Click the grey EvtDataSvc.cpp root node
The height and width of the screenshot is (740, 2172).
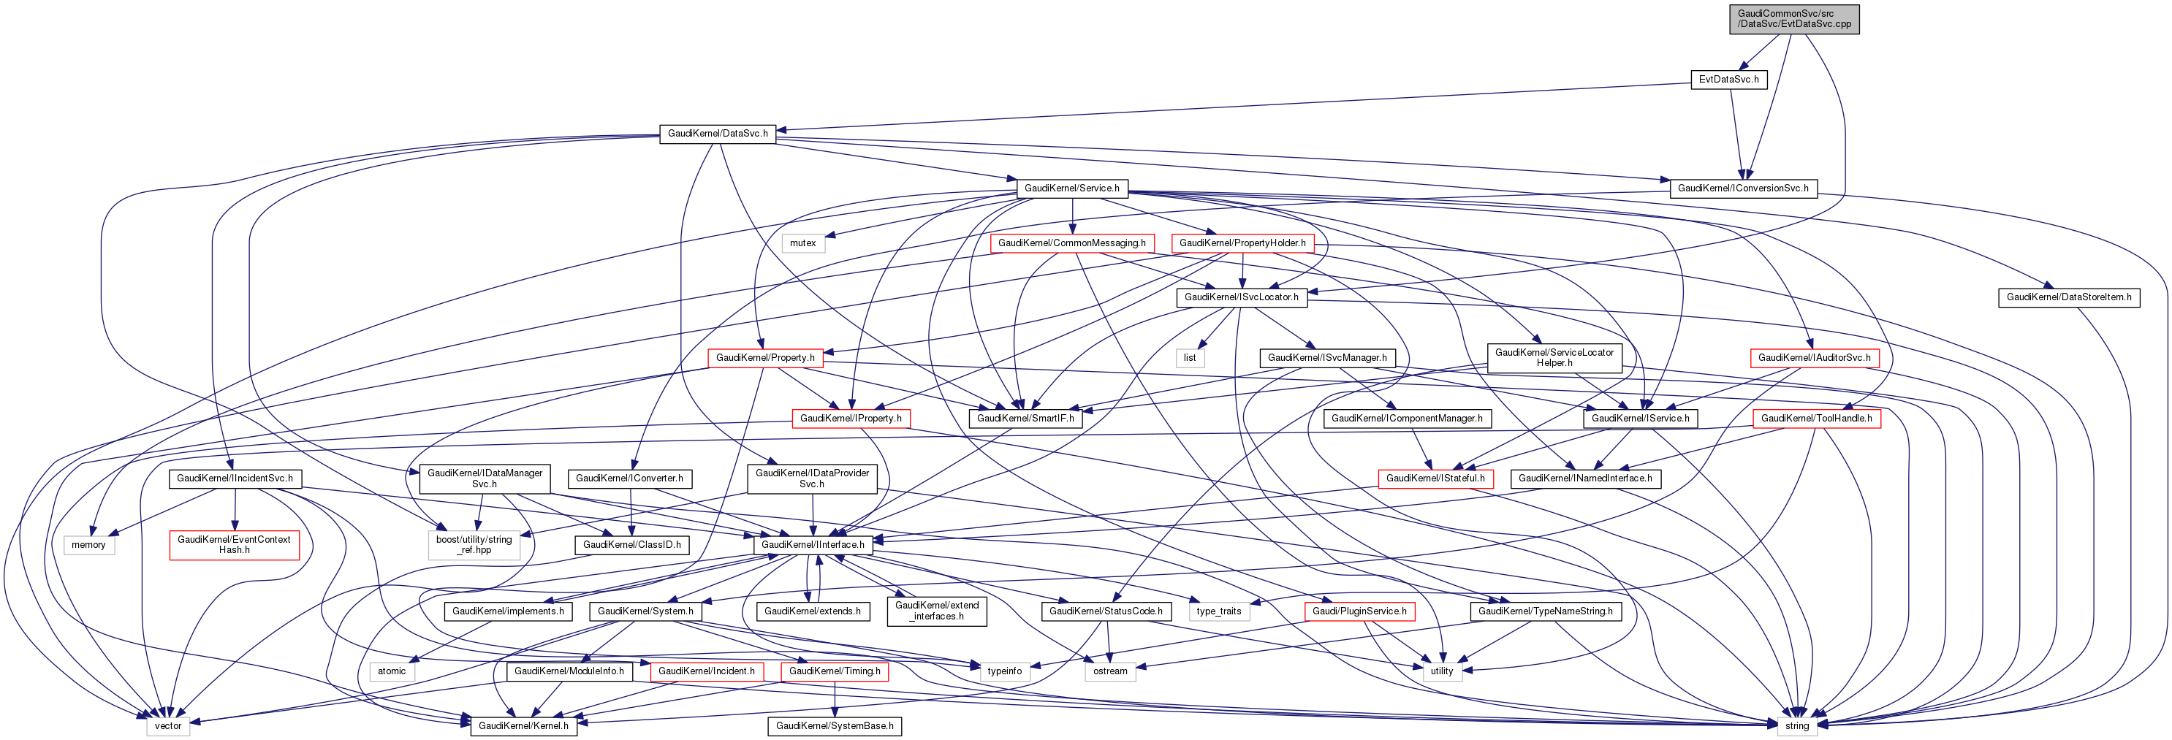(x=1793, y=18)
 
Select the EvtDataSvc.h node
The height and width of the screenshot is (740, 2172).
(x=1728, y=79)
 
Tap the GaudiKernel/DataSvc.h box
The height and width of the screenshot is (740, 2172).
(x=718, y=133)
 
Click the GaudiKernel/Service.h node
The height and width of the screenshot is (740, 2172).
(x=1071, y=188)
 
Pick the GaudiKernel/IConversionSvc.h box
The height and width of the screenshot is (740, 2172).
(x=1743, y=188)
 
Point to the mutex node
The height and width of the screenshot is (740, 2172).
(x=802, y=243)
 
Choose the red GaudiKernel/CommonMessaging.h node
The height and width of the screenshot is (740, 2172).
(x=1071, y=243)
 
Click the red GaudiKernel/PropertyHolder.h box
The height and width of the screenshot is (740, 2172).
(x=1242, y=243)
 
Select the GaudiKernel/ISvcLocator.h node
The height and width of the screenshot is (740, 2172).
(x=1241, y=297)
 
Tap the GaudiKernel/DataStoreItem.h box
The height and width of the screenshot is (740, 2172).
(x=2068, y=297)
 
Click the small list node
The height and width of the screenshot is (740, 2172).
(x=1189, y=357)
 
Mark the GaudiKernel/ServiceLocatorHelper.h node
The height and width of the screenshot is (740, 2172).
(x=1554, y=357)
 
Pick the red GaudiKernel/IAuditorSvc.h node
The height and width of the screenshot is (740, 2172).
(x=1814, y=357)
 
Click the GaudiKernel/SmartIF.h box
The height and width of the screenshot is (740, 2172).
(x=1025, y=418)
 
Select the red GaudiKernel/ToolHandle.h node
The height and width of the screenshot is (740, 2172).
(x=1816, y=418)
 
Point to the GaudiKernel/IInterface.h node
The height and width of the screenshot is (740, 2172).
(x=813, y=544)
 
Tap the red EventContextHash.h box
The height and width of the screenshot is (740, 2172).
(x=234, y=544)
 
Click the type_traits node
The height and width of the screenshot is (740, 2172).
(x=1218, y=611)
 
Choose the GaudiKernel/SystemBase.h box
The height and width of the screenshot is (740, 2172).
(x=834, y=725)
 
